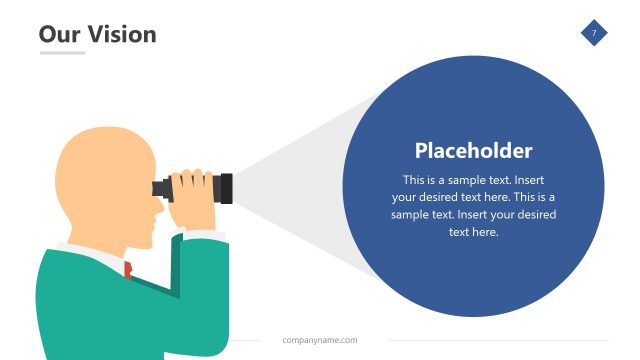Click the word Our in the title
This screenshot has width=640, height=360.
click(58, 34)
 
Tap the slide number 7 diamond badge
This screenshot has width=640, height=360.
click(594, 34)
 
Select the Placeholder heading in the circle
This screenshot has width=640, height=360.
click(473, 151)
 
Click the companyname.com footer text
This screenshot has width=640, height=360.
click(319, 340)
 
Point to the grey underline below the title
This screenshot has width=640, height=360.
click(62, 53)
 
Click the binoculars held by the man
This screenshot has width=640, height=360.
click(195, 187)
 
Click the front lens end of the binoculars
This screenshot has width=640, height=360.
click(227, 187)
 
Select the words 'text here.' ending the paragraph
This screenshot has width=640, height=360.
click(473, 232)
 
